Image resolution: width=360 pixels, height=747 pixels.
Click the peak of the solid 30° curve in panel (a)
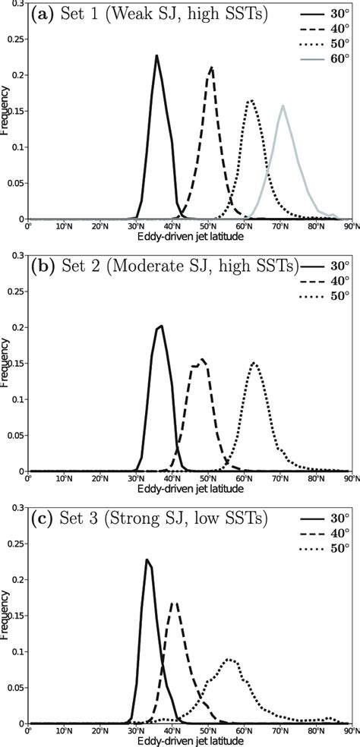pyautogui.click(x=156, y=55)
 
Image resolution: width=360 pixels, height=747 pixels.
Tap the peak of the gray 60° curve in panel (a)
pyautogui.click(x=283, y=106)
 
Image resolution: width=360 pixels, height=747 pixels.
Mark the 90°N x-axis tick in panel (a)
pyautogui.click(x=346, y=225)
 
